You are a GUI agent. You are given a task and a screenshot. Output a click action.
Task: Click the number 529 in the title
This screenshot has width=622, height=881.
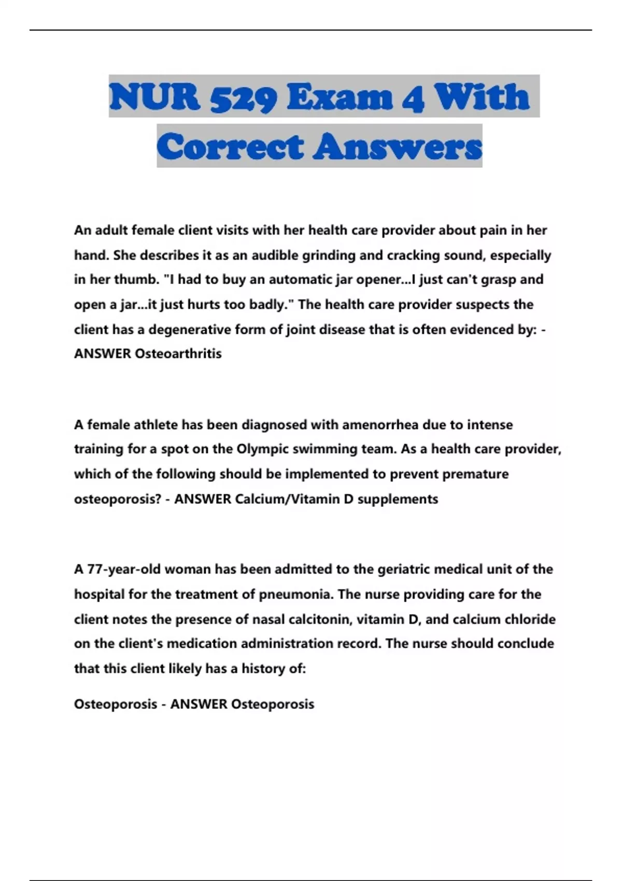pos(244,97)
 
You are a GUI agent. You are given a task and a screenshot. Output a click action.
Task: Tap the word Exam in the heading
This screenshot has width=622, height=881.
pos(340,97)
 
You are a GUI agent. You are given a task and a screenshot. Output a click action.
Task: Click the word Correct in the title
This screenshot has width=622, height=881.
pos(230,147)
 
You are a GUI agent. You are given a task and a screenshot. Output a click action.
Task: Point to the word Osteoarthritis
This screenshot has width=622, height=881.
pos(178,354)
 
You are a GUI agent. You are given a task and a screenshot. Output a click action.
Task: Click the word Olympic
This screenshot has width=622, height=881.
pos(263,449)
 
